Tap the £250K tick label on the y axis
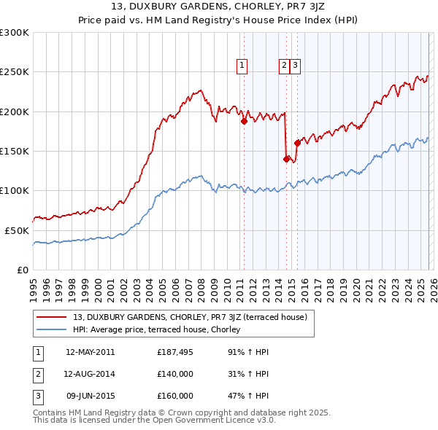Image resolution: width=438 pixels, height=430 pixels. [x=15, y=72]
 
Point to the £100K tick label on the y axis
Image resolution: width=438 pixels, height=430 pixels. [x=15, y=190]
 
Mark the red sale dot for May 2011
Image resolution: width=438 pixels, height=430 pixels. [x=244, y=122]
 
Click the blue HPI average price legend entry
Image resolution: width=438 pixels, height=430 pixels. [x=161, y=329]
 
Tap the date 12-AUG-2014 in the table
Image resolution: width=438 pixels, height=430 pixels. [x=90, y=374]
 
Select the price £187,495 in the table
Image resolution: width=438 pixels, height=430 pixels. [x=176, y=352]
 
